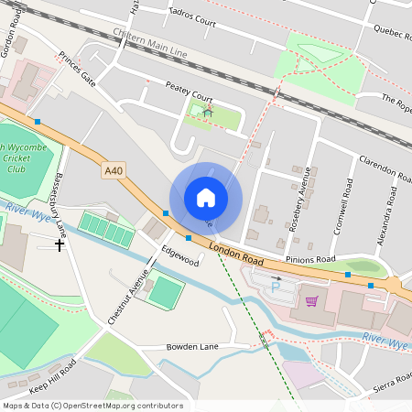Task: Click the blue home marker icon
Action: tap(206, 198)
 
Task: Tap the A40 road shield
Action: tap(113, 170)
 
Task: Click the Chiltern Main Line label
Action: tap(150, 44)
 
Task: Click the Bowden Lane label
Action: tap(192, 348)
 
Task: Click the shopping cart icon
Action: tap(311, 299)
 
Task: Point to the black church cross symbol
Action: tap(60, 244)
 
